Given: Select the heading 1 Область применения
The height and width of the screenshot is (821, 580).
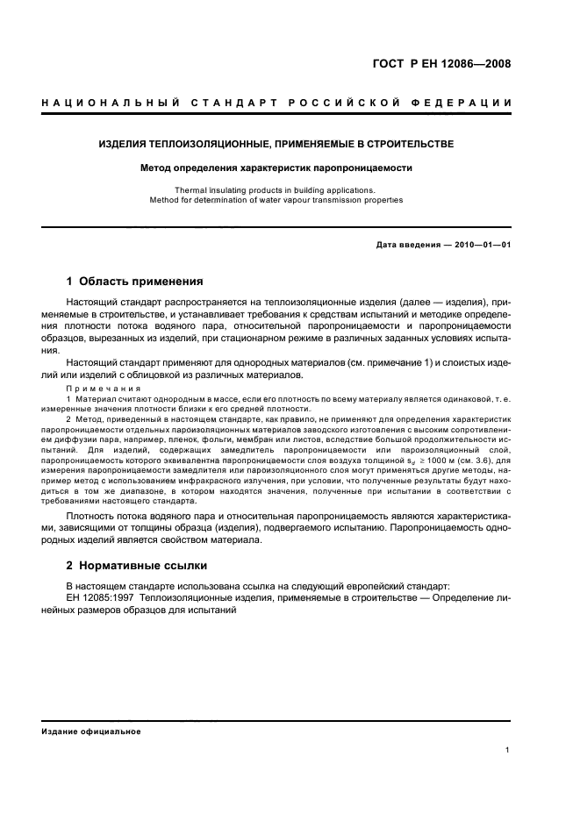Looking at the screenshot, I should pyautogui.click(x=135, y=282).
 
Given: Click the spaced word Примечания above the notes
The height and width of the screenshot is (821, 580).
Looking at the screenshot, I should pyautogui.click(x=97, y=388).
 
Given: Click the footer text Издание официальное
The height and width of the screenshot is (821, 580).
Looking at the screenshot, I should pyautogui.click(x=91, y=731).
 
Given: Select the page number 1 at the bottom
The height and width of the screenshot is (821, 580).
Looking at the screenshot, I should pyautogui.click(x=508, y=750).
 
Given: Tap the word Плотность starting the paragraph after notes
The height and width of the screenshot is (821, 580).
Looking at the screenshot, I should pyautogui.click(x=93, y=517).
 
